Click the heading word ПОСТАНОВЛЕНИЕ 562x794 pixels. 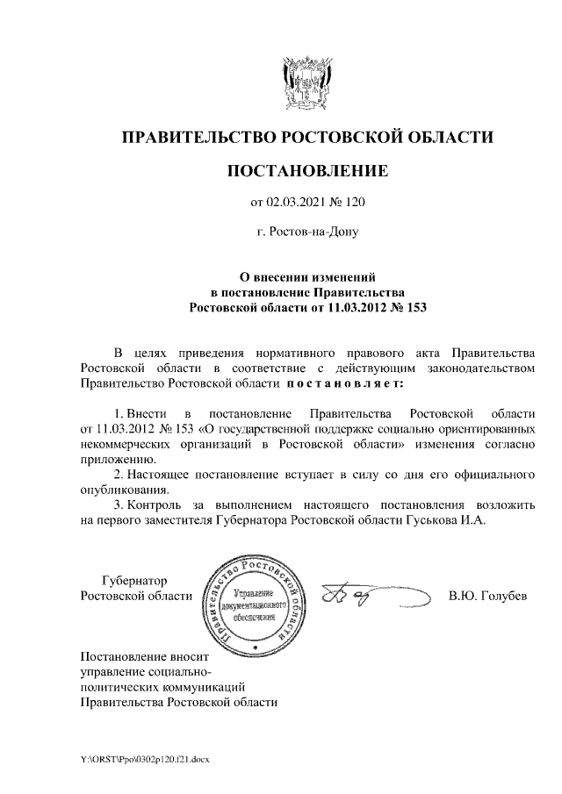(306, 170)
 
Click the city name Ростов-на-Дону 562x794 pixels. (307, 234)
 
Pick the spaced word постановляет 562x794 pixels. (343, 383)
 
